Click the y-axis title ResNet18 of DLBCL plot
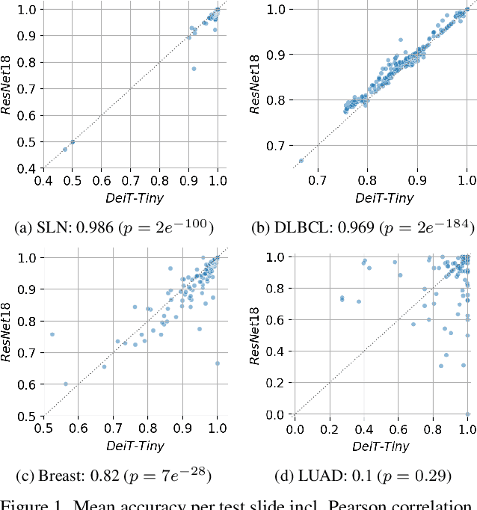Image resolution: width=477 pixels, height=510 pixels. tap(256, 85)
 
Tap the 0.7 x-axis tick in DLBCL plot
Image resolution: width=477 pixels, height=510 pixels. tap(318, 181)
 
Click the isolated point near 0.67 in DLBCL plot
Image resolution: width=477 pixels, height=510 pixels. tap(301, 160)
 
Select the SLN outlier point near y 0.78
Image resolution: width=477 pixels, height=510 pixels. tap(194, 69)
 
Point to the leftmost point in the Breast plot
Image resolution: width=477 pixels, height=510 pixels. tap(52, 334)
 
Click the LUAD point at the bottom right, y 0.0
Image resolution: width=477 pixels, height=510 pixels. tap(467, 414)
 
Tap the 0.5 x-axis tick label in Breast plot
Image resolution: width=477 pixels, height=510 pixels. tap(43, 428)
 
